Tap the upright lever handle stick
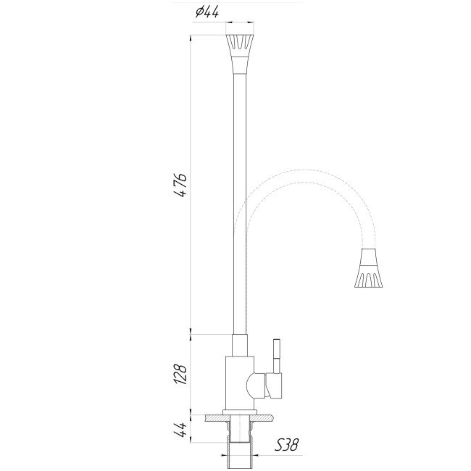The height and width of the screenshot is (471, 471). (275, 355)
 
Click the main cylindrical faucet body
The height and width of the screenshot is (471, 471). (239, 380)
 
